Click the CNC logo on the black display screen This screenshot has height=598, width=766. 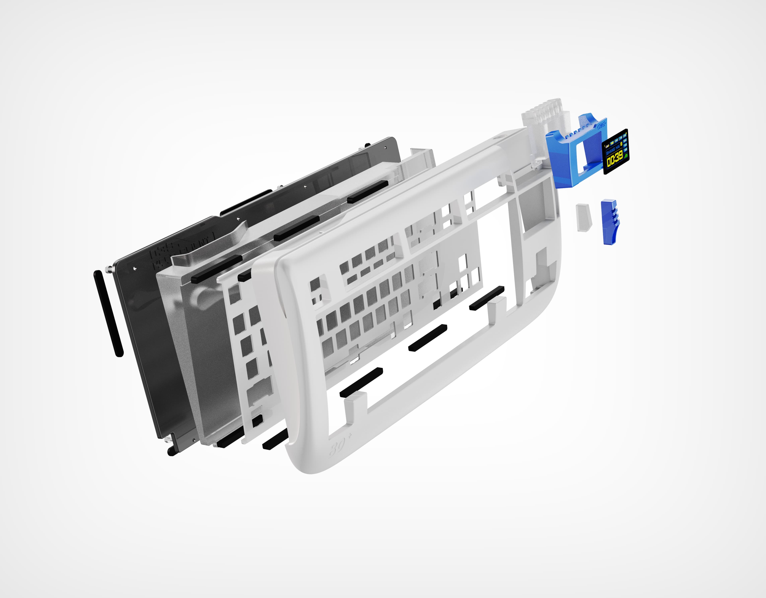(x=607, y=144)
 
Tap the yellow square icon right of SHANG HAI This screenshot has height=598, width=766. (x=622, y=143)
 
